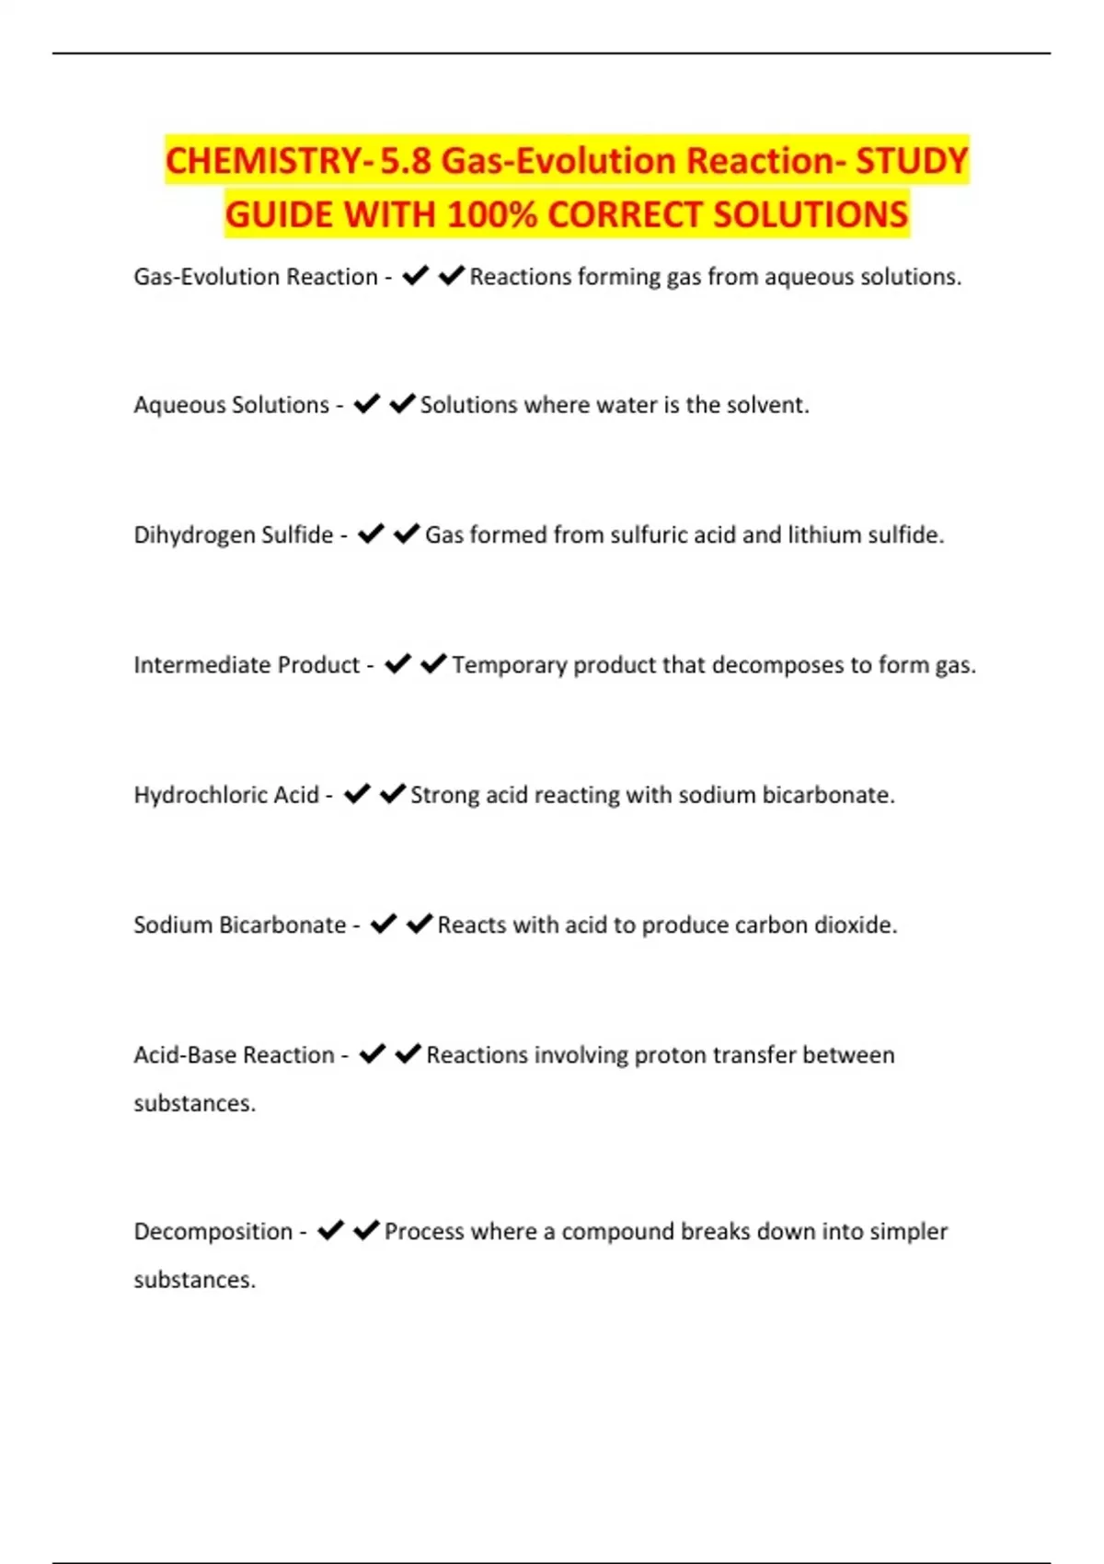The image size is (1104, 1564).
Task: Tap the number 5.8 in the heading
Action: [x=405, y=161]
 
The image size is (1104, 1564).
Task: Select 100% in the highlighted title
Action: [x=492, y=215]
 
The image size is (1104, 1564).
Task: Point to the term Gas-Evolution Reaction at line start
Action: [x=256, y=277]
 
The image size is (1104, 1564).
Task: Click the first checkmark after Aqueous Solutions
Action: [x=367, y=404]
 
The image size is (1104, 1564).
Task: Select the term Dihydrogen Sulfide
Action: [x=234, y=535]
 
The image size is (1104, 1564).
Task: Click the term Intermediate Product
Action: [x=247, y=664]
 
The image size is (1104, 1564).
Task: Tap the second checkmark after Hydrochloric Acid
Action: [x=393, y=793]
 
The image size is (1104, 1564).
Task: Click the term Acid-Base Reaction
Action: [x=234, y=1054]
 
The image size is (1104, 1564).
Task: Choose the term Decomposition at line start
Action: [x=213, y=1231]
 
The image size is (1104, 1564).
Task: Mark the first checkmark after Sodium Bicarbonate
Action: [x=384, y=924]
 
